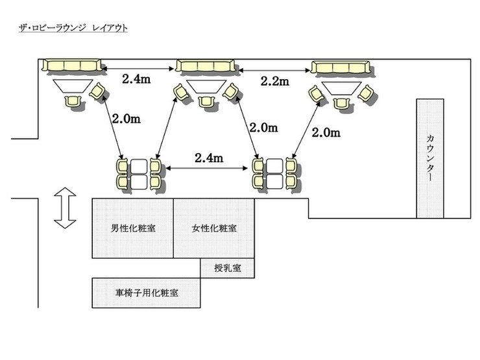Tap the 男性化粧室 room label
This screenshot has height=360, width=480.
pyautogui.click(x=133, y=228)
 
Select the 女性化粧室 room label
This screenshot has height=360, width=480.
pyautogui.click(x=215, y=228)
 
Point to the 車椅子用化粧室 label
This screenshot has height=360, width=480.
pyautogui.click(x=148, y=293)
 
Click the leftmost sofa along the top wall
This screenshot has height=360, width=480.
pyautogui.click(x=73, y=66)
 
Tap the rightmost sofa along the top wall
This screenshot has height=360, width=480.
pyautogui.click(x=340, y=68)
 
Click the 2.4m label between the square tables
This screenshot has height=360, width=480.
pyautogui.click(x=210, y=158)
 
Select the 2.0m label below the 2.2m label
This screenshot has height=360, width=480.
pyautogui.click(x=264, y=128)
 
